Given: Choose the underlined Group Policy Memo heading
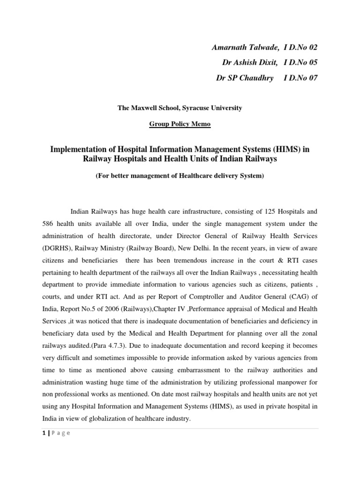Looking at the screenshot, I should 180,124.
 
